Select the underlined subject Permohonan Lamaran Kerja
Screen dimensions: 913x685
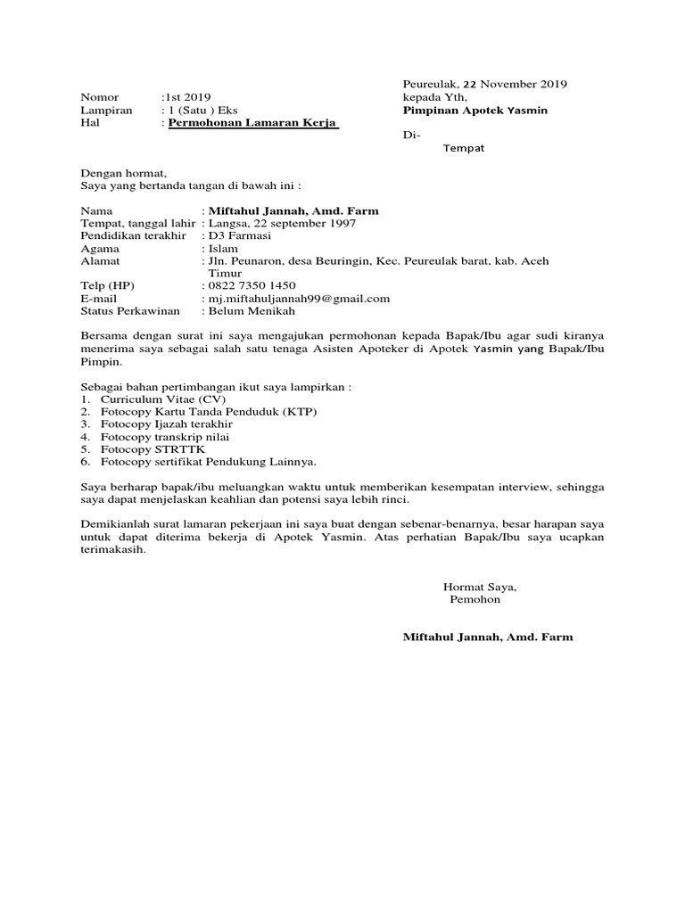(x=254, y=123)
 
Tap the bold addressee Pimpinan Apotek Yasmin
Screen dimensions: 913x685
(x=475, y=110)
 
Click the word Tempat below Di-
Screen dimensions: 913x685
(x=464, y=148)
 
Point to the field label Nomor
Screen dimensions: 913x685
(x=99, y=97)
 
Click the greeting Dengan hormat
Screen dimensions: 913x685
(x=123, y=173)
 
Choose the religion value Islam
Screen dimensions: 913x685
(x=223, y=249)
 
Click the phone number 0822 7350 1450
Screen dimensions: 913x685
(x=252, y=285)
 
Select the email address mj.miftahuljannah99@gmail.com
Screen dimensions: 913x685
(x=299, y=298)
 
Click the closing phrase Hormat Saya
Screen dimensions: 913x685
(x=480, y=587)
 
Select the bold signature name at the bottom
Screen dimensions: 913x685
(x=488, y=637)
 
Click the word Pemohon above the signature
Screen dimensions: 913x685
(x=475, y=599)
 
